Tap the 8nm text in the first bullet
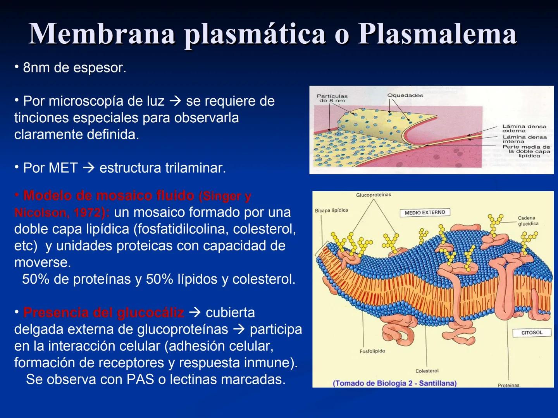pos(37,68)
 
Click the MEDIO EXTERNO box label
pos(425,212)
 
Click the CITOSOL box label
pos(532,333)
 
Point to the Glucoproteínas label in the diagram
pos(374,195)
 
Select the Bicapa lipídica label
pos(331,211)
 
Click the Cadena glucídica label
pos(528,221)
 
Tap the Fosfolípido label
pos(372,351)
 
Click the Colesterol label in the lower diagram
pos(427,371)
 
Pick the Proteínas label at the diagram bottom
pos(508,385)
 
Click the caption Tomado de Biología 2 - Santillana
pos(394,384)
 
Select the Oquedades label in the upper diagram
pos(405,95)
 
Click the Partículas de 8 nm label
pos(332,98)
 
